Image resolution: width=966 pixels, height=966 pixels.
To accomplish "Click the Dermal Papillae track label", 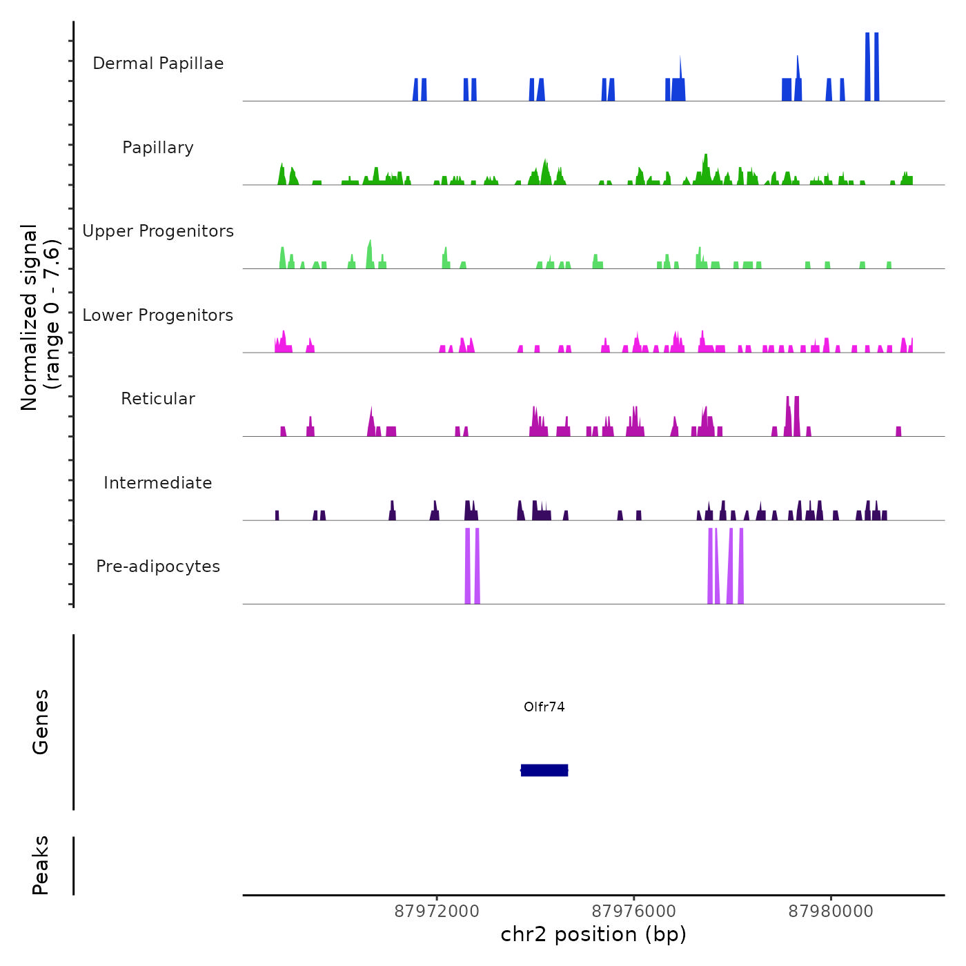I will [158, 63].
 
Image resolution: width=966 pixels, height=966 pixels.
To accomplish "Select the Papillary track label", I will [158, 148].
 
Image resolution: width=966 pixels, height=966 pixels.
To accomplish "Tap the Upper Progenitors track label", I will [158, 231].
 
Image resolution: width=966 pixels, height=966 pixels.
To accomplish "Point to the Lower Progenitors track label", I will [158, 315].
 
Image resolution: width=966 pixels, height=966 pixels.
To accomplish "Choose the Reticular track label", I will [158, 399].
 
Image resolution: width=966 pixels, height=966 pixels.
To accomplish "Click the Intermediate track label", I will [158, 483].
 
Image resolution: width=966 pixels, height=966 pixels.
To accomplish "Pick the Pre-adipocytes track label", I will [158, 566].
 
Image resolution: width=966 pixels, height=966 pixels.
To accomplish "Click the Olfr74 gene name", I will [544, 707].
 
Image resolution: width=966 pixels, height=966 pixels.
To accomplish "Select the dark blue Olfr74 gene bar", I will [544, 770].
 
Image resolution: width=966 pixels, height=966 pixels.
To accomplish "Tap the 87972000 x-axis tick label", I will [437, 911].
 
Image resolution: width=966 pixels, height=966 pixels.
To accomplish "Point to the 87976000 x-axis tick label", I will [634, 911].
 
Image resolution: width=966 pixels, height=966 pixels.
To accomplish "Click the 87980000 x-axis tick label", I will [831, 911].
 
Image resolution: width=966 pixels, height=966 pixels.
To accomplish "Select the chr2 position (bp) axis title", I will [593, 935].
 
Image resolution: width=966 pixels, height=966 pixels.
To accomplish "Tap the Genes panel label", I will [41, 722].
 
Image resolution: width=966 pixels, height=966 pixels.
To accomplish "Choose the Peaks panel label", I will [41, 865].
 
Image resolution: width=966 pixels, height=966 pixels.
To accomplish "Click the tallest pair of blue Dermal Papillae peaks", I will [872, 66].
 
